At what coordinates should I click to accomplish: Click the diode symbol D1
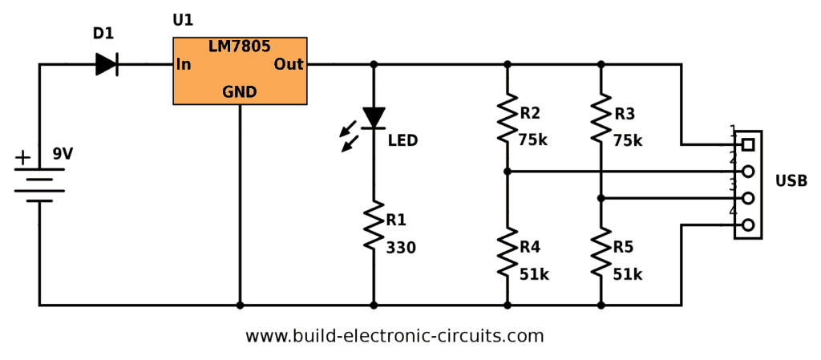(107, 64)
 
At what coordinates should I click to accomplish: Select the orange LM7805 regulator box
(240, 71)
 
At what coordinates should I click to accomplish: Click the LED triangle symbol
(374, 118)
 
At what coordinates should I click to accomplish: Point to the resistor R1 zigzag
(374, 228)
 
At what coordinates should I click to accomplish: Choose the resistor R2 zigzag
(507, 118)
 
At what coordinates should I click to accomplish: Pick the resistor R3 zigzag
(601, 118)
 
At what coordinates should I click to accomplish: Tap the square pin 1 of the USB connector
(748, 145)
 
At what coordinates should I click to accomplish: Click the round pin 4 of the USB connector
(748, 225)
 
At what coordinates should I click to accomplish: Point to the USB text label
(791, 181)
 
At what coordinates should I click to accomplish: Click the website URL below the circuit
(394, 336)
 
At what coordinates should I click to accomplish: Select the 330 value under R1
(401, 249)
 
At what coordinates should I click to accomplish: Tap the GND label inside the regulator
(240, 92)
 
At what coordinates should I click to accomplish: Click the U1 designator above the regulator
(183, 20)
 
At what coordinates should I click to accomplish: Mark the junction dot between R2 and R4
(507, 172)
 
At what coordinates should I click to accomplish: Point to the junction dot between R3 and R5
(601, 198)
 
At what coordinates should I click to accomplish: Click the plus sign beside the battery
(24, 157)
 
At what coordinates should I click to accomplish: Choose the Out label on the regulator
(289, 64)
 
